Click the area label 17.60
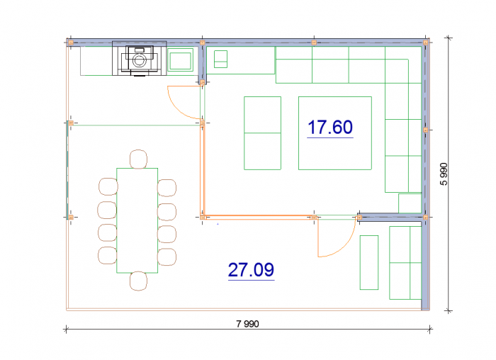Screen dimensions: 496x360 330,127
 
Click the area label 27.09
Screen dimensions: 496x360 251,270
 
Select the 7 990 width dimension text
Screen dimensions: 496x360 248,324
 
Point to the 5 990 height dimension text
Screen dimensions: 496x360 444,174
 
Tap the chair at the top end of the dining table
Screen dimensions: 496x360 139,159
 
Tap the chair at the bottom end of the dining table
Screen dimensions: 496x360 139,281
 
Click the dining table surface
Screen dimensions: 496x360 137,220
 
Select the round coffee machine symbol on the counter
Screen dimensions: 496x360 139,60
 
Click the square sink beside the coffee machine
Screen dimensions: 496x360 180,60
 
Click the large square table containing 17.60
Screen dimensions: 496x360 335,133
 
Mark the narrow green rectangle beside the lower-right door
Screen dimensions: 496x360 369,263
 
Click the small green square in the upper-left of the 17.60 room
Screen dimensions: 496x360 221,59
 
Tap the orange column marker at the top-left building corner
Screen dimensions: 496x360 71,43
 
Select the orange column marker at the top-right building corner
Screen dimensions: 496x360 426,42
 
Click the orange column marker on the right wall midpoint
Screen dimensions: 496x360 426,130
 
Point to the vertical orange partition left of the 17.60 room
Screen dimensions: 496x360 202,171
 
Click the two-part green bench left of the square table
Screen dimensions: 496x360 263,133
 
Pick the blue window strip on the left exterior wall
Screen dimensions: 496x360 67,169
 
